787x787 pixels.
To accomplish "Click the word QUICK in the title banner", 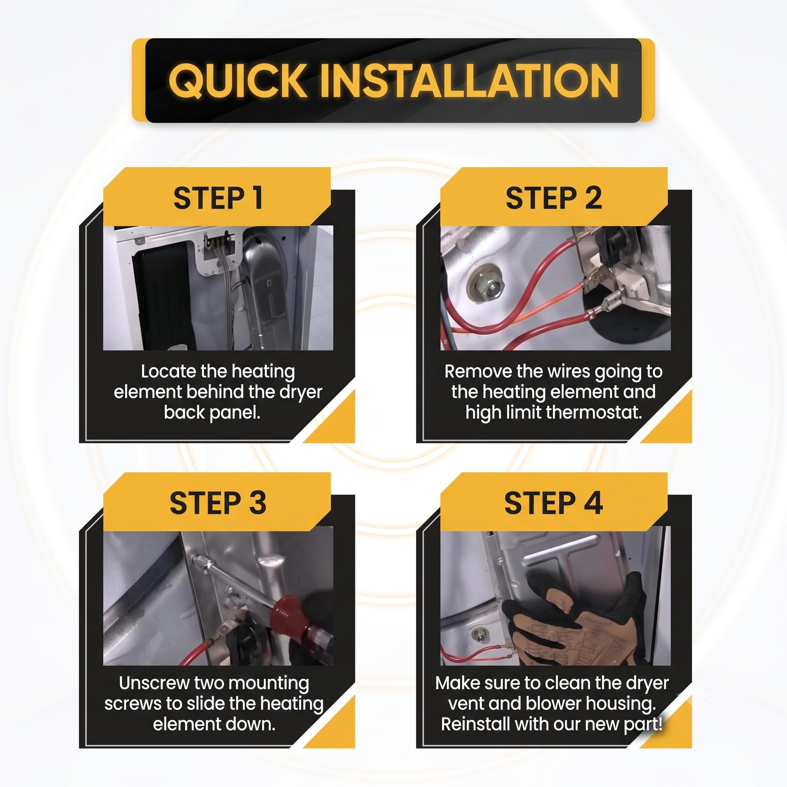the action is (x=237, y=81).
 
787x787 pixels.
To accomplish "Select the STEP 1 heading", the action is (x=218, y=198).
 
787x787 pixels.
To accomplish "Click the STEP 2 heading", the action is (x=554, y=198).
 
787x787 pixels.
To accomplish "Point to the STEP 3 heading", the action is (x=218, y=503).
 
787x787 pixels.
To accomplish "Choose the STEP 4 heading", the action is (x=554, y=503).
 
